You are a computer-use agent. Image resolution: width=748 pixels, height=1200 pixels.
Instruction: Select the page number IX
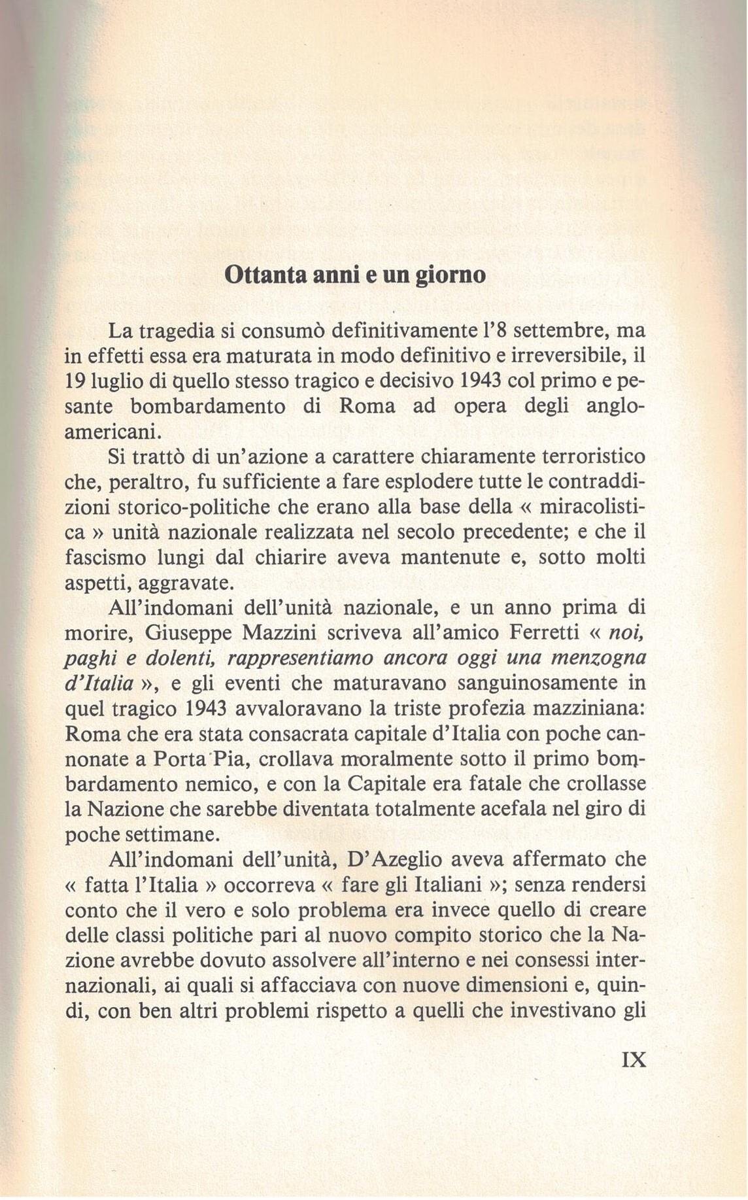coord(632,1060)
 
